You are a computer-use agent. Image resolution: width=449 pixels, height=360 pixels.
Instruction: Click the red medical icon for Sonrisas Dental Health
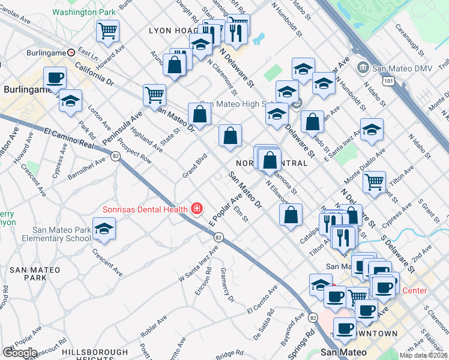(196, 209)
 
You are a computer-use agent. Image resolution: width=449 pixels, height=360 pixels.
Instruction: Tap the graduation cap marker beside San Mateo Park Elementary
(104, 229)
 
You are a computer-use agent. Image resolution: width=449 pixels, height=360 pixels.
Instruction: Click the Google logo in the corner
(20, 352)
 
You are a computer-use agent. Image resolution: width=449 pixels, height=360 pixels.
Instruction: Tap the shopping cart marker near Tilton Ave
(374, 181)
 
